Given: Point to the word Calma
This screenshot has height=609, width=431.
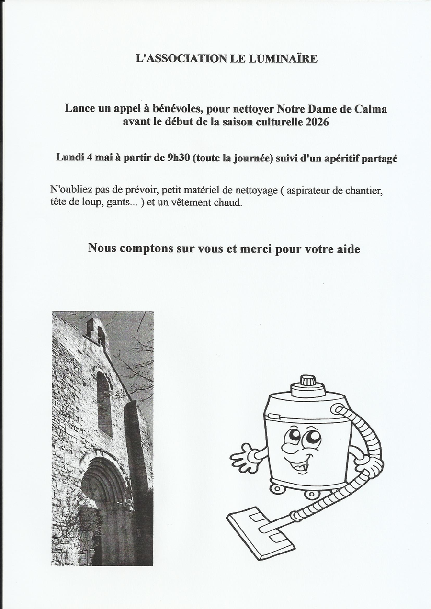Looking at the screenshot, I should [371, 109].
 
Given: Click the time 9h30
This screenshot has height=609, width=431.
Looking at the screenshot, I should [178, 158].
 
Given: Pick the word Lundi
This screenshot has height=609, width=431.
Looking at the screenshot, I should [70, 158].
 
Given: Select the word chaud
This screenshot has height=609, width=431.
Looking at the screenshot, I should [226, 203].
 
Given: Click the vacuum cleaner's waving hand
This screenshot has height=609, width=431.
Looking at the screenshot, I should [242, 457].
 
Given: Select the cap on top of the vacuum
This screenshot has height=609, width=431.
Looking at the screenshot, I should [307, 381].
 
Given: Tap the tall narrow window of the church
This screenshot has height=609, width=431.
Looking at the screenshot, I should [103, 404].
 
